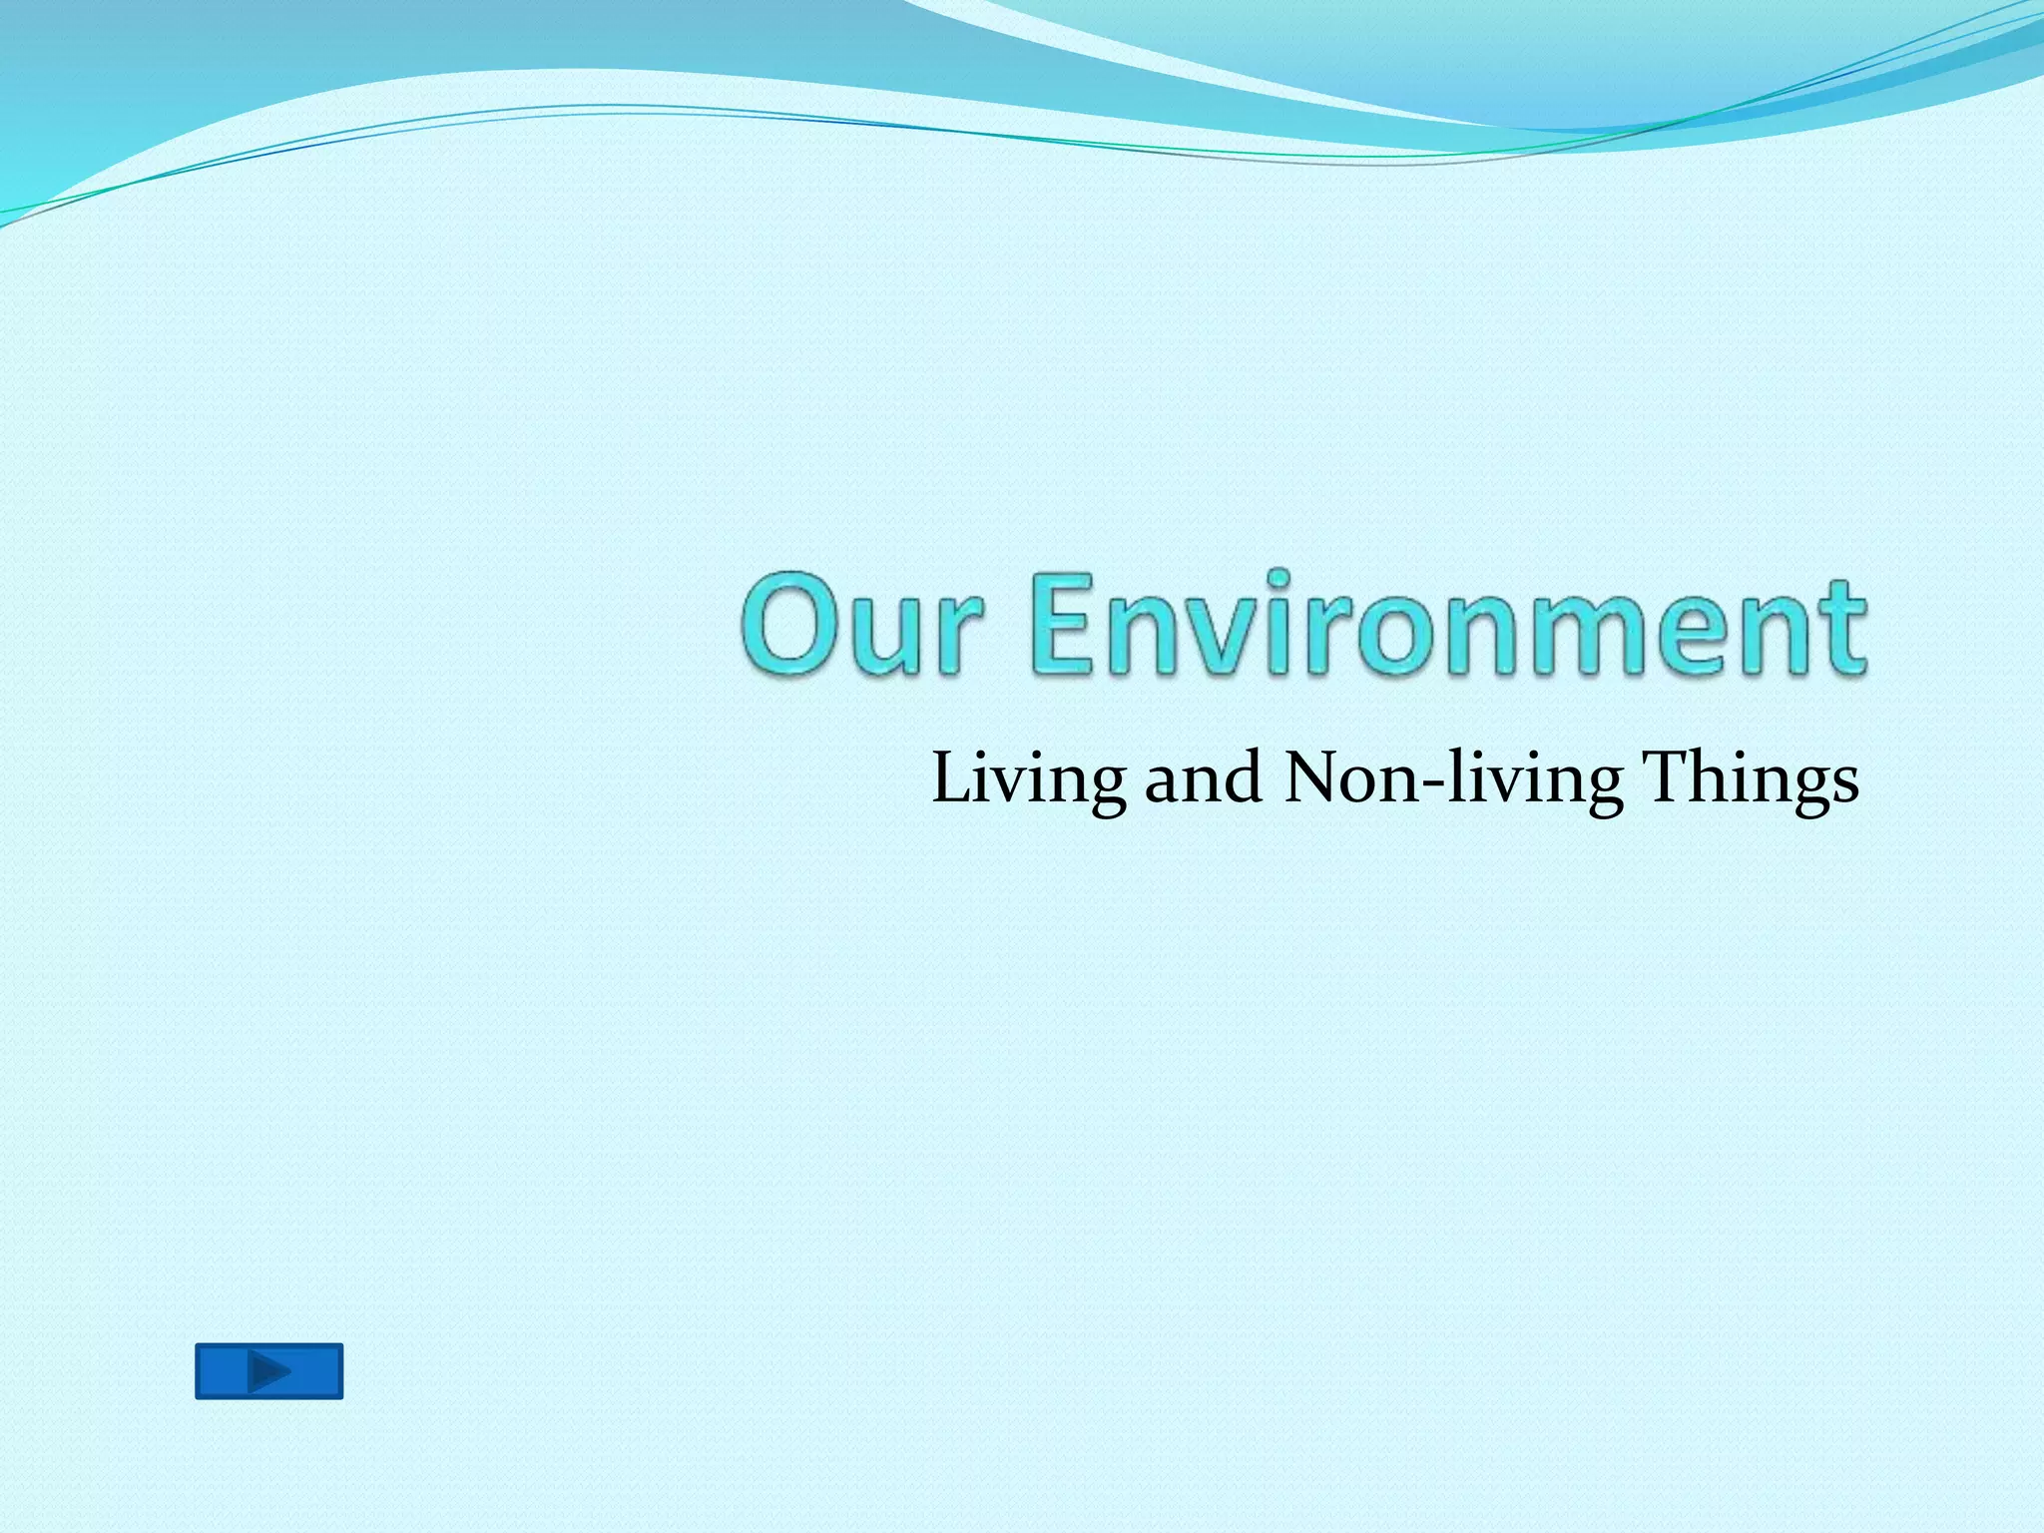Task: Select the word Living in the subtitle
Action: [1028, 779]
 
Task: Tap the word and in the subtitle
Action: [1203, 778]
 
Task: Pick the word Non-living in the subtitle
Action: [1452, 779]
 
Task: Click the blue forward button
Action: [268, 1370]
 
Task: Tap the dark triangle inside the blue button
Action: [268, 1370]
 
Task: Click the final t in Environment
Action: [1842, 629]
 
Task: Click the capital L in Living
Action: [953, 778]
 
